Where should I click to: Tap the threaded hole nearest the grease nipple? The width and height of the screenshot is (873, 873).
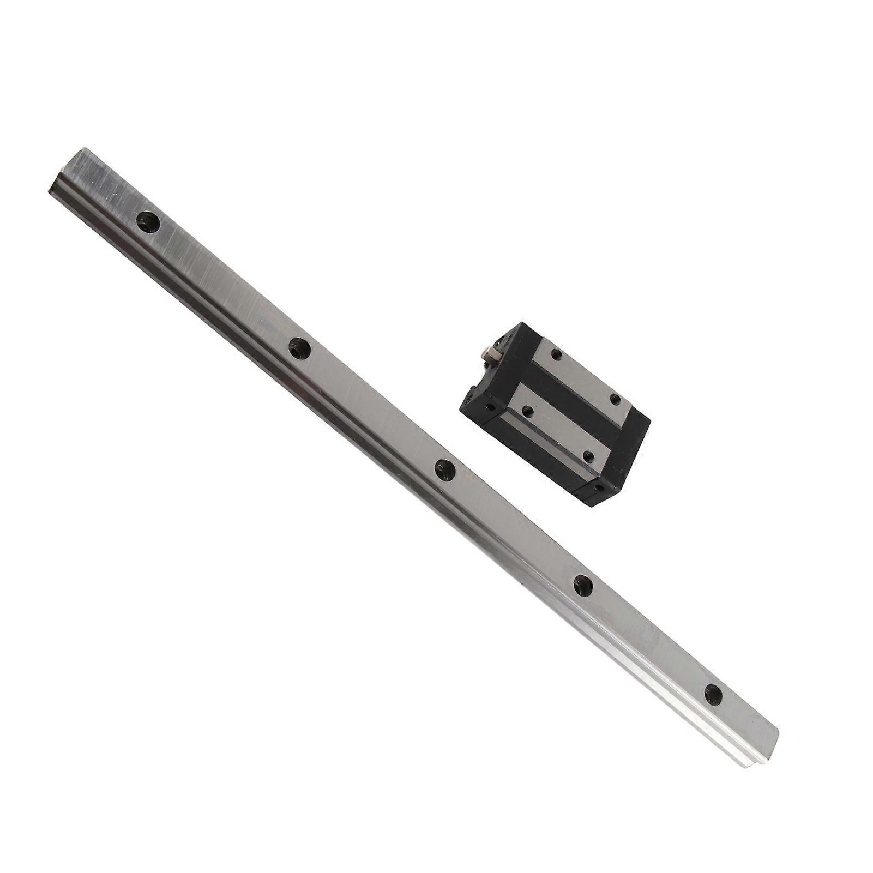[x=556, y=354]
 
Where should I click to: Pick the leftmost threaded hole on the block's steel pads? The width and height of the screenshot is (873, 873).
[x=527, y=411]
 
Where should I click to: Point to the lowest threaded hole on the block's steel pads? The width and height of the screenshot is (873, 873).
[x=589, y=455]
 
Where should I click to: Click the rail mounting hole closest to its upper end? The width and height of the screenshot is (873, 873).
[x=148, y=222]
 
